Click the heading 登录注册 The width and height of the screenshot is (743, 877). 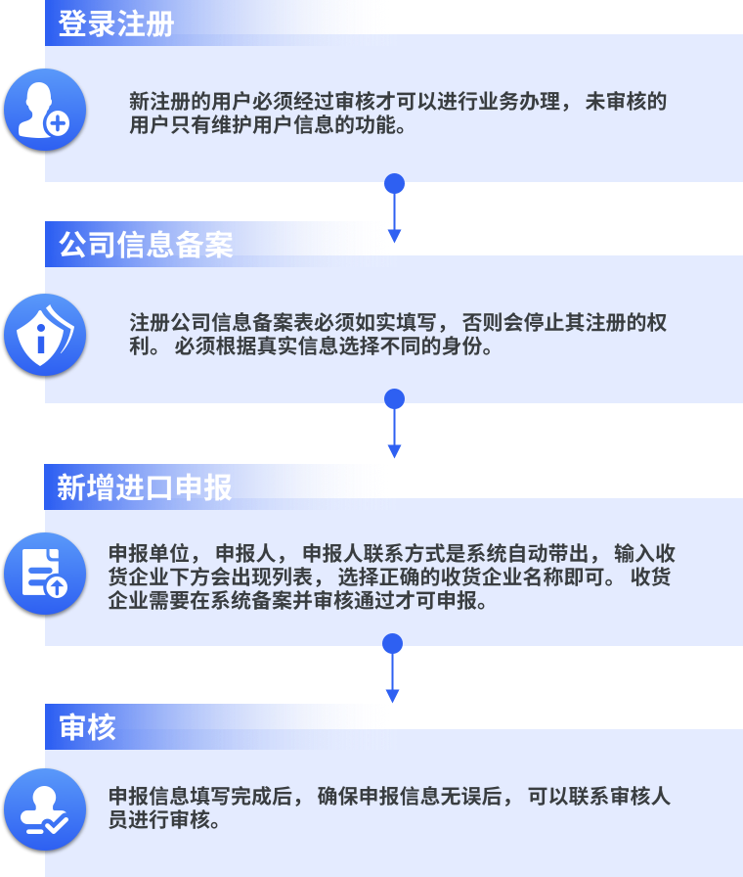click(116, 23)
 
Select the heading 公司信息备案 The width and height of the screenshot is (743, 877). click(146, 245)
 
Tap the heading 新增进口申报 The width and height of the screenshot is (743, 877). click(145, 487)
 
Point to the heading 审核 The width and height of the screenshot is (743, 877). click(87, 727)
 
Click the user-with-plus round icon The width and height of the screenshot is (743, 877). click(45, 110)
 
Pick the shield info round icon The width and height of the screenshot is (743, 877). click(45, 335)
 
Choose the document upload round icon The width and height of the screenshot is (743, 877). click(45, 574)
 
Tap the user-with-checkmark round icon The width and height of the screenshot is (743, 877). click(45, 809)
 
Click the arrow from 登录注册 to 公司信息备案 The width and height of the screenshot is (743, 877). click(394, 208)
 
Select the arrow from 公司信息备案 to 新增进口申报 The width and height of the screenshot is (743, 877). click(394, 424)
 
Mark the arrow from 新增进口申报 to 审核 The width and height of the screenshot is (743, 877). click(393, 669)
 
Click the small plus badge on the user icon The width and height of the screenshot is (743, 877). click(57, 123)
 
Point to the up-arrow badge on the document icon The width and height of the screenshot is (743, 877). click(57, 586)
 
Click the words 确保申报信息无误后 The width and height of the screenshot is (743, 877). click(410, 797)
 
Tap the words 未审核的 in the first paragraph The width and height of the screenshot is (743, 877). click(626, 101)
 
